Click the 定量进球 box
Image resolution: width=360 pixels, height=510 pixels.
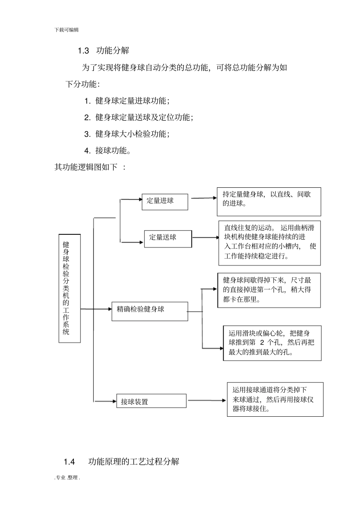pyautogui.click(x=164, y=202)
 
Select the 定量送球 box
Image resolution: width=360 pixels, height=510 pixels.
pyautogui.click(x=168, y=239)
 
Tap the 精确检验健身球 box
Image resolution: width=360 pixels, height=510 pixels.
pyautogui.click(x=150, y=311)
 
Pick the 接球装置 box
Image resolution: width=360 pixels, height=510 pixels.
pyautogui.click(x=151, y=401)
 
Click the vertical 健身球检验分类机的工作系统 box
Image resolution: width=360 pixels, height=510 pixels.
pyautogui.click(x=69, y=288)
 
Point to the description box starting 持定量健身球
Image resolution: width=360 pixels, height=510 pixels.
pyautogui.click(x=269, y=202)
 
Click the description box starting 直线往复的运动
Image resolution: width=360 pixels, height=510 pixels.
pyautogui.click(x=269, y=243)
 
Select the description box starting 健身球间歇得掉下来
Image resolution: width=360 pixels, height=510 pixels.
pyautogui.click(x=269, y=290)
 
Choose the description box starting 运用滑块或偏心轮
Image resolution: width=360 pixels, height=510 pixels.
pyautogui.click(x=272, y=343)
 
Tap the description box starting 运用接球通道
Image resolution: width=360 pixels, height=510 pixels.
pyautogui.click(x=275, y=399)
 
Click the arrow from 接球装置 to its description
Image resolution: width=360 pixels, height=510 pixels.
pyautogui.click(x=207, y=400)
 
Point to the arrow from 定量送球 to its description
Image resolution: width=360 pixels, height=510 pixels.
pyautogui.click(x=205, y=238)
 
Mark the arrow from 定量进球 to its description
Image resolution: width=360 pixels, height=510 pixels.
pyautogui.click(x=203, y=198)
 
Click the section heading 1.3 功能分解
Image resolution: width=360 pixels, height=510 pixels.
pyautogui.click(x=103, y=50)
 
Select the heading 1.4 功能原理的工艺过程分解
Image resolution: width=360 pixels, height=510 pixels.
pyautogui.click(x=121, y=461)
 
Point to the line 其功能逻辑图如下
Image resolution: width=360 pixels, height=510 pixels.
pyautogui.click(x=90, y=167)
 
